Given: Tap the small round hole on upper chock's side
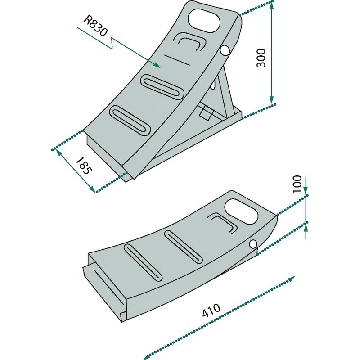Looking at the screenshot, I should (224, 50).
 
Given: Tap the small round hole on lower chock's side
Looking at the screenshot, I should (253, 244).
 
